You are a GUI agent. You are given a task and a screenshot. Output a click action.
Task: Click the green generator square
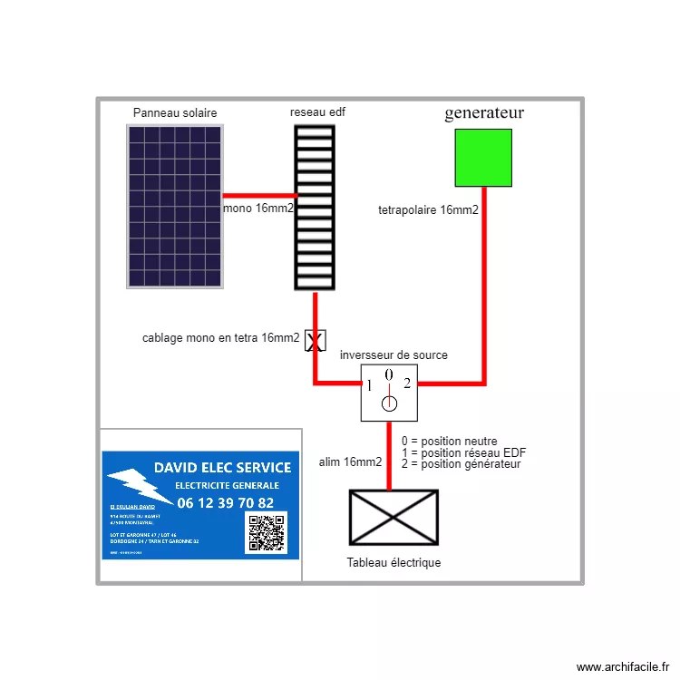482,158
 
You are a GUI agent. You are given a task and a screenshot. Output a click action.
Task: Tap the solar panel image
175,207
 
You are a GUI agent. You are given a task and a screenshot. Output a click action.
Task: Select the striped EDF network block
315,208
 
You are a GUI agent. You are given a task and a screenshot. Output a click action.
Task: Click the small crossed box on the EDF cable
315,340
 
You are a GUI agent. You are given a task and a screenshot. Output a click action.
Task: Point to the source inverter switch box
390,393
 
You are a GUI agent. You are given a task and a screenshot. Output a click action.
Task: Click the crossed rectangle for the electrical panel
393,518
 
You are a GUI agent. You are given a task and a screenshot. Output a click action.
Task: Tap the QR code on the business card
267,533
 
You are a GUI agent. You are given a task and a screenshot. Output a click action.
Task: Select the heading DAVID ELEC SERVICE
223,468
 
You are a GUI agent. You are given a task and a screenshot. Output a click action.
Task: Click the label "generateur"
484,113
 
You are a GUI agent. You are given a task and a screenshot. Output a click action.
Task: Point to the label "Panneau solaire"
175,113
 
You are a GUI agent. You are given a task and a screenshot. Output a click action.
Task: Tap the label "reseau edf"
317,112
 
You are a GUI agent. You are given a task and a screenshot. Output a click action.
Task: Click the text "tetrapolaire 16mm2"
428,210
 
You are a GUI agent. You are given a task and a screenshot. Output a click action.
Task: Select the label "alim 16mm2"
351,462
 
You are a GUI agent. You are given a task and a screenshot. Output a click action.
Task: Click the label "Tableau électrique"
393,563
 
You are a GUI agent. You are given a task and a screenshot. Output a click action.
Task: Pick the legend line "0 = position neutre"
449,442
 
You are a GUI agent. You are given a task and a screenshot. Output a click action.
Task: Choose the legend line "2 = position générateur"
461,464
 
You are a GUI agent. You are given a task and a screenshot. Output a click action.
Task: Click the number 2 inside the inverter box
407,383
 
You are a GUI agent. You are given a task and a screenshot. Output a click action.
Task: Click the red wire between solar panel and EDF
259,195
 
